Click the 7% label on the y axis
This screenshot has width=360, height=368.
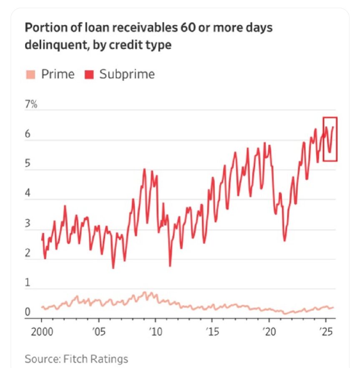tap(31, 104)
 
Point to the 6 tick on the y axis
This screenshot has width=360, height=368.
tap(28, 134)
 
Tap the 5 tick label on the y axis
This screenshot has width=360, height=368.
tap(28, 164)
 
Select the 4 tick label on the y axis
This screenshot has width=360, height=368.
tap(28, 193)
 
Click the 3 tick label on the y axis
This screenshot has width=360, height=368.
tap(28, 223)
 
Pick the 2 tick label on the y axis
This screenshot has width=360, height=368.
tap(28, 253)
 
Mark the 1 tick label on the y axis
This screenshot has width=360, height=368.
tap(28, 283)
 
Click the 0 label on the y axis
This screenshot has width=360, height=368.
tap(28, 312)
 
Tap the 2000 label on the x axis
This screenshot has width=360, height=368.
tap(42, 333)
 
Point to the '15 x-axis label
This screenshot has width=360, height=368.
tap(212, 333)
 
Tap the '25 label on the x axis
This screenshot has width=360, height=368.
tap(325, 333)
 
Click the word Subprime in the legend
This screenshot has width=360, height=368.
tap(127, 75)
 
